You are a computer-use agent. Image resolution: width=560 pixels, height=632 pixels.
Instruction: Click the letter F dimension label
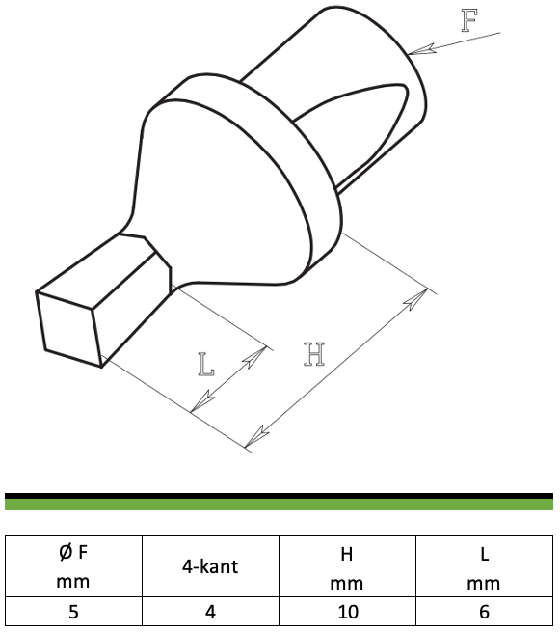pos(469,20)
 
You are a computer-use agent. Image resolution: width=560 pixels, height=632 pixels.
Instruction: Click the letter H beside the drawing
pos(314,354)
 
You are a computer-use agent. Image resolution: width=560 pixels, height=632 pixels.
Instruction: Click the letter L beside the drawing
pos(206,365)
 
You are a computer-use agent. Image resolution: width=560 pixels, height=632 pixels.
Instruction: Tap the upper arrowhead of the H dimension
pos(416,299)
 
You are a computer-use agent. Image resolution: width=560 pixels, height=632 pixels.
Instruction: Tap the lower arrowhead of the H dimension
pos(256,436)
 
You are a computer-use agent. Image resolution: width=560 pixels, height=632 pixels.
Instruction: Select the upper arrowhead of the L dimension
pos(255,356)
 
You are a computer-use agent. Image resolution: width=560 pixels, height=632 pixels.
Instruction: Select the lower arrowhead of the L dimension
pos(202,401)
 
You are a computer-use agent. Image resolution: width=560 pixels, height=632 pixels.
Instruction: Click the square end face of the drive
pos(68,328)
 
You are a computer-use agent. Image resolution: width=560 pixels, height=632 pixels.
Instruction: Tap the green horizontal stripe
pos(279,505)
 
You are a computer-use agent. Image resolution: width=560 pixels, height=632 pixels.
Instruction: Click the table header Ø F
pos(73,552)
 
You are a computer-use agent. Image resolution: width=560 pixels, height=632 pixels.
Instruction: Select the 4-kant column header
pos(210,566)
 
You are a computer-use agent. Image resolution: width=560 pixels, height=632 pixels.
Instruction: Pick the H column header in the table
pos(347,555)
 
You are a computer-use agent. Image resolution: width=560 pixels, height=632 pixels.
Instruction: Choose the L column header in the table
pos(485,555)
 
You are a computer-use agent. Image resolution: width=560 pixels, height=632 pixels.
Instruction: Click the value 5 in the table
pos(73,612)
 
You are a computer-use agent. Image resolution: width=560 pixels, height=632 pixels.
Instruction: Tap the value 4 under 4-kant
pos(210,612)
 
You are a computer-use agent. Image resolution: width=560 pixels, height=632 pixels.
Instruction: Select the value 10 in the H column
pos(348,612)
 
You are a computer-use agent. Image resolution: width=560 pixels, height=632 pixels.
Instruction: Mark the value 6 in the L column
pos(484,612)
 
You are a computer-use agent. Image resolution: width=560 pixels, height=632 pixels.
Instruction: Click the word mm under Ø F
pos(73,582)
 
